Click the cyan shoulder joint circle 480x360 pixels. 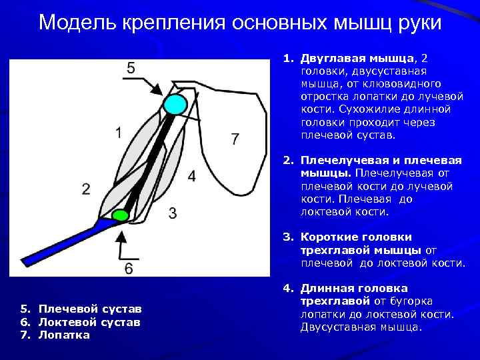click(175, 104)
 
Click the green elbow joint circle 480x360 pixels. click(120, 215)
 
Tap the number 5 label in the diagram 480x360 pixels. click(131, 67)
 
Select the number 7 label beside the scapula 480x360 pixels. click(235, 139)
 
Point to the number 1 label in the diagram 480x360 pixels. click(118, 133)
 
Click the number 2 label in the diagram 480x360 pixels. click(86, 189)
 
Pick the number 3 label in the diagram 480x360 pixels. click(173, 213)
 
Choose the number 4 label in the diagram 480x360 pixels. click(192, 176)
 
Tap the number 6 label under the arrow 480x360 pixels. click(129, 268)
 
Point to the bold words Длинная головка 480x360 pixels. click(353, 289)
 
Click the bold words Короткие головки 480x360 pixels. click(356, 237)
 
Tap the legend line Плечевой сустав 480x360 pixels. click(90, 309)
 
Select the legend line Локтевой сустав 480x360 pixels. click(89, 322)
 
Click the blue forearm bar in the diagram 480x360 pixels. click(60, 243)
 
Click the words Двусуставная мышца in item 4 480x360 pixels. click(361, 327)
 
